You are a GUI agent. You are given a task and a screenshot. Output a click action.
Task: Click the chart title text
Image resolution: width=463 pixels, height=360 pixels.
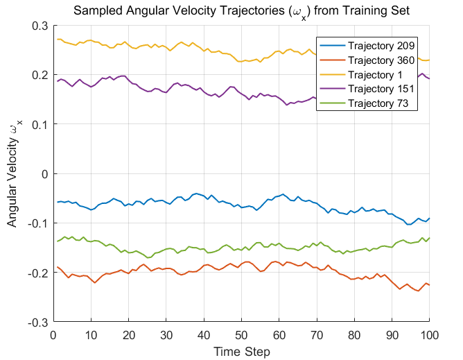coord(241,10)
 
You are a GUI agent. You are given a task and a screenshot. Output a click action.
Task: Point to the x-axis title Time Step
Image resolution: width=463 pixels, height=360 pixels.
coord(241,352)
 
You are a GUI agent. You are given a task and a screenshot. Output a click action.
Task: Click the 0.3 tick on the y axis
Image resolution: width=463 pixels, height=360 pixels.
coord(38,26)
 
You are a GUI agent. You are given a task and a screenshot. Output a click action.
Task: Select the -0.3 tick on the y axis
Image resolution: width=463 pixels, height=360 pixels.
coord(36,323)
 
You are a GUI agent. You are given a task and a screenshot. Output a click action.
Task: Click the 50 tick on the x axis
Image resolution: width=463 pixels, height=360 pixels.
coord(241,334)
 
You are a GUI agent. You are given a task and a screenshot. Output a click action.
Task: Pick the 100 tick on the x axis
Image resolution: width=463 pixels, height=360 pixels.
coord(429,334)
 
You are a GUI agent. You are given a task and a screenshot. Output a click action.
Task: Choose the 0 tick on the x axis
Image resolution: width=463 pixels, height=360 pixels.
coord(54,334)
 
